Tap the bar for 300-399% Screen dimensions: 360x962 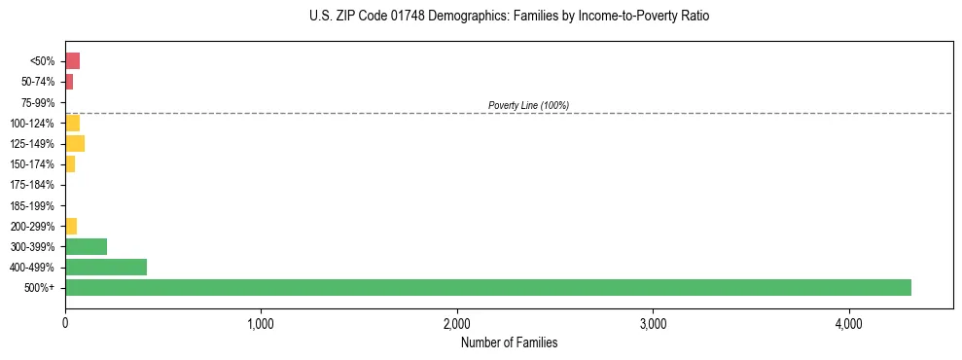coord(86,246)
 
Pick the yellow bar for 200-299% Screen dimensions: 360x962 coord(71,226)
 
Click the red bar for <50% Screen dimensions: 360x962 coord(72,61)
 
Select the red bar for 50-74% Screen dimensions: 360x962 coord(69,82)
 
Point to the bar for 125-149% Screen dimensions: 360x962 coord(75,144)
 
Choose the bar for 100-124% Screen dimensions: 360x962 coord(72,123)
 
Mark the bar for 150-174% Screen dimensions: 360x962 coord(70,164)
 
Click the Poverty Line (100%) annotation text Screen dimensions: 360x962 coord(528,105)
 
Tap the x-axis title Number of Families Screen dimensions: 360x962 coord(509,342)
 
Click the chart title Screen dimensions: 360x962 coord(510,17)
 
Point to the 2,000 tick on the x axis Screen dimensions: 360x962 coord(457,323)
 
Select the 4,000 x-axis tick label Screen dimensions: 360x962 coord(848,323)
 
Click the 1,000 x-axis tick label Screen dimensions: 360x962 coord(261,323)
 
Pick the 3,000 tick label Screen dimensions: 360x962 coord(653,323)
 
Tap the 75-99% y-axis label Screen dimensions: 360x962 coord(38,102)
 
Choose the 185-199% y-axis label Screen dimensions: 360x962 coord(33,205)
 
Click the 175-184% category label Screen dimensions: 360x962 coord(33,185)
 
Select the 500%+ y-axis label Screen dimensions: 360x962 coord(40,288)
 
